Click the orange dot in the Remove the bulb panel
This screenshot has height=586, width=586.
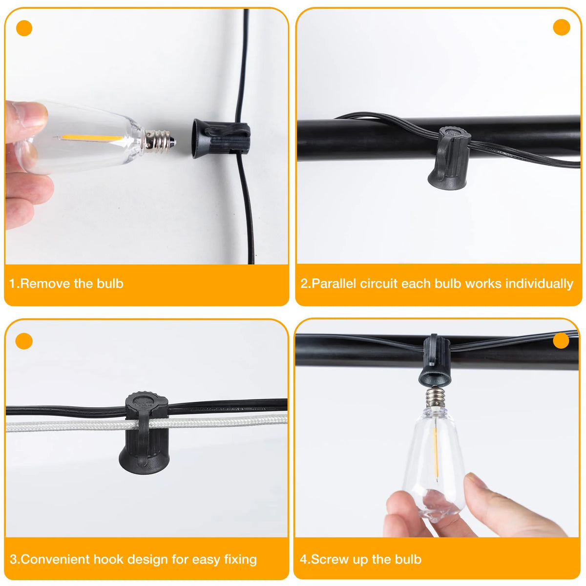click(24, 28)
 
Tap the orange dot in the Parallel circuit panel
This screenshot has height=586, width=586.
click(562, 27)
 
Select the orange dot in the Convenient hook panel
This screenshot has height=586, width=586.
click(24, 341)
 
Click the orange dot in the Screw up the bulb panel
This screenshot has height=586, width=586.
click(561, 340)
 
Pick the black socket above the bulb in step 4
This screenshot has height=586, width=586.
click(434, 361)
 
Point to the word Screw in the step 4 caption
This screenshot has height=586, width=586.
click(329, 559)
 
